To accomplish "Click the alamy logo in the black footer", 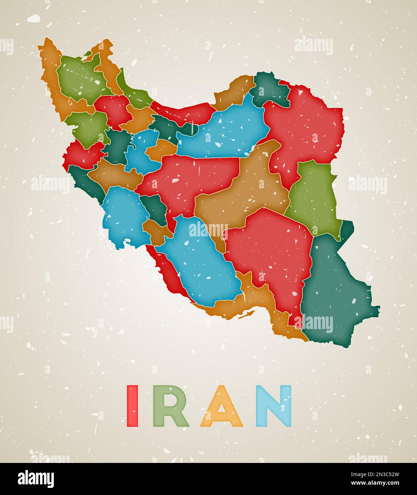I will (36, 479).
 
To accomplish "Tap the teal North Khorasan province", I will (271, 89).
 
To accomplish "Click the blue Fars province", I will (200, 260).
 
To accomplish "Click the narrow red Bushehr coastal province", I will (168, 271).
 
